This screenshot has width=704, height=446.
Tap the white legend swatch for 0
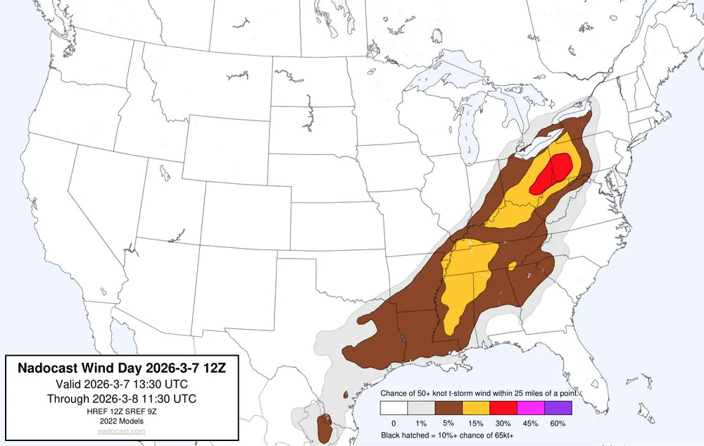pyautogui.click(x=394, y=407)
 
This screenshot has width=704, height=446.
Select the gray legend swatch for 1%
pyautogui.click(x=421, y=407)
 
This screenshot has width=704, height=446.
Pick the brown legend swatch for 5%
pyautogui.click(x=448, y=407)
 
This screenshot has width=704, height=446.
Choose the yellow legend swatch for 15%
pyautogui.click(x=476, y=407)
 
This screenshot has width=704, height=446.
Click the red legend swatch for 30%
pyautogui.click(x=503, y=407)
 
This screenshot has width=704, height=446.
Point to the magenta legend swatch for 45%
pyautogui.click(x=531, y=407)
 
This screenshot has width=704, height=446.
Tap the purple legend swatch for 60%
pyautogui.click(x=558, y=407)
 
